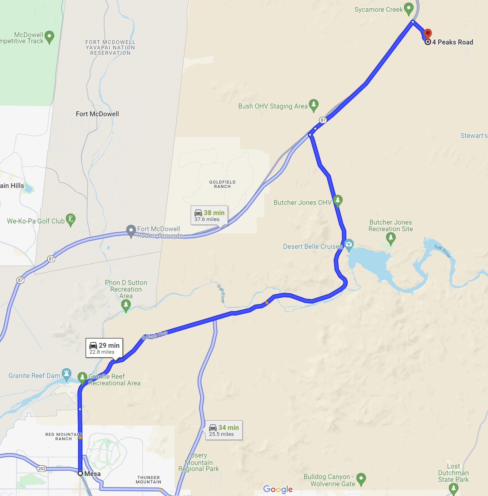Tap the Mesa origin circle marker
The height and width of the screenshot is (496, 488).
pyautogui.click(x=80, y=473)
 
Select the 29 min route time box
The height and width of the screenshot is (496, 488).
pyautogui.click(x=104, y=348)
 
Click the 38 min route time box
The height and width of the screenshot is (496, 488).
pyautogui.click(x=209, y=215)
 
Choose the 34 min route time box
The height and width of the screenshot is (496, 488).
pyautogui.click(x=224, y=430)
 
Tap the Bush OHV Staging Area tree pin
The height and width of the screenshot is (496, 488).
pyautogui.click(x=314, y=105)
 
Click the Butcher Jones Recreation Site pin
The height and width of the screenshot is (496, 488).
pyautogui.click(x=390, y=238)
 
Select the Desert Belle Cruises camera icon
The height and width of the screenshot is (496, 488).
pyautogui.click(x=349, y=244)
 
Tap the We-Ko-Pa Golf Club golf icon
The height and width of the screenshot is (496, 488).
pyautogui.click(x=70, y=219)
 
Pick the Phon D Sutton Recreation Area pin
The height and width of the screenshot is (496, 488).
pyautogui.click(x=126, y=305)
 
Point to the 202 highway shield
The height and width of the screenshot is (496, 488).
pyautogui.click(x=42, y=469)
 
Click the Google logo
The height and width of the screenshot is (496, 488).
pyautogui.click(x=278, y=489)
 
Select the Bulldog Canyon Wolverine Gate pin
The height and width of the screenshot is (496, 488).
pyautogui.click(x=361, y=479)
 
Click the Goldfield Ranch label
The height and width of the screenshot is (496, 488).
pyautogui.click(x=222, y=184)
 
